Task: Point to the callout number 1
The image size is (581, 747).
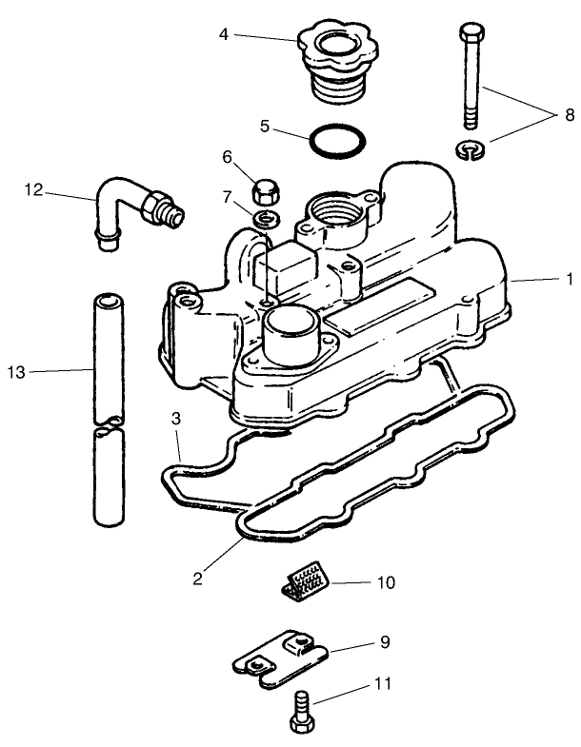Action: (568, 280)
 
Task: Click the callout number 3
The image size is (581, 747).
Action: (176, 419)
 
